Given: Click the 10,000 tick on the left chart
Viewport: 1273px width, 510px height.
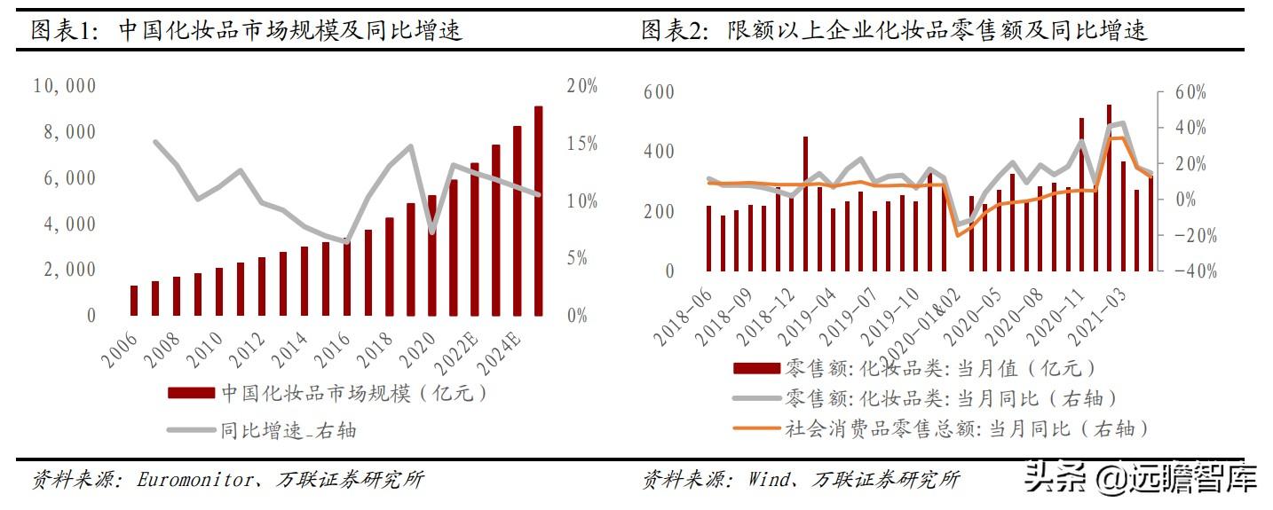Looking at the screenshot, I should coord(64,86).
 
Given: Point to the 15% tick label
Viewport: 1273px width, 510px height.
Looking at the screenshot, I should coord(581,144).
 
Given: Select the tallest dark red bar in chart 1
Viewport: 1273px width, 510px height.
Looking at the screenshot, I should coord(538,210).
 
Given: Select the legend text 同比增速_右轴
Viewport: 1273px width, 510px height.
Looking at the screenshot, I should coord(289,431).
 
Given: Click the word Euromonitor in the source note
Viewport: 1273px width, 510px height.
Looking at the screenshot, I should coord(192,480).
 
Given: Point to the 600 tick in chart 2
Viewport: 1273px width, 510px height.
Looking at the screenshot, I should coord(658,92).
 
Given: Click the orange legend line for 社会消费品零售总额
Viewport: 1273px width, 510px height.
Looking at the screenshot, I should coord(755,429).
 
